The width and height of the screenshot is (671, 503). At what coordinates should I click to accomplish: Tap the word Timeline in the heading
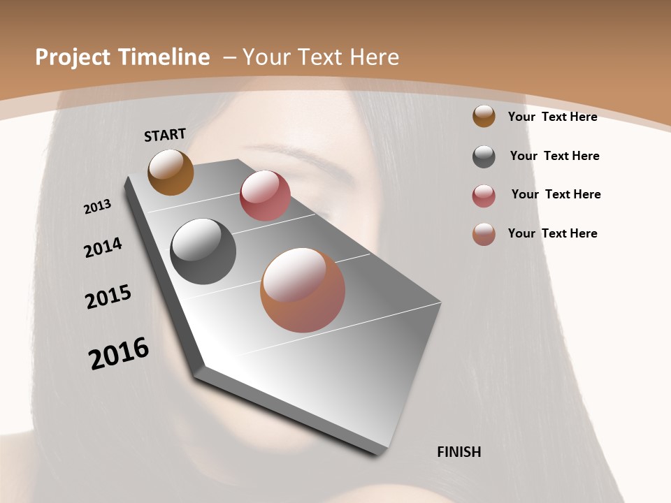click(166, 57)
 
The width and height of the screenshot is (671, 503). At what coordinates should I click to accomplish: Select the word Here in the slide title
click(374, 57)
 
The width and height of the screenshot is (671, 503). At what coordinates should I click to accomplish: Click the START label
click(165, 135)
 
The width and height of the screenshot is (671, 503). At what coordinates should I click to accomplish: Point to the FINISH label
click(459, 452)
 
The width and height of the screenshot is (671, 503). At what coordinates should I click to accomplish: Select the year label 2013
click(97, 207)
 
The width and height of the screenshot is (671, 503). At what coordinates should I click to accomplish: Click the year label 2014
click(103, 248)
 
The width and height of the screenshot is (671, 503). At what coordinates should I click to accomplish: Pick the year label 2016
click(119, 353)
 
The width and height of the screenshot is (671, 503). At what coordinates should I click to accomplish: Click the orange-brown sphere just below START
click(171, 173)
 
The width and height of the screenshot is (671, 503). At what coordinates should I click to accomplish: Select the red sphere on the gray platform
click(265, 196)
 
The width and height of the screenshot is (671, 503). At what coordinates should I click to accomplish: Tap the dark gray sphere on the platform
click(203, 251)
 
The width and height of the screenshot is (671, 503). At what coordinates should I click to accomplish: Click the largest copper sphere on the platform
click(303, 290)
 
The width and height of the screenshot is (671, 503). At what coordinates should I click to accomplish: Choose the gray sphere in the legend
click(484, 156)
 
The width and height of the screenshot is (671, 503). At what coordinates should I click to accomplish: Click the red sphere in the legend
click(484, 196)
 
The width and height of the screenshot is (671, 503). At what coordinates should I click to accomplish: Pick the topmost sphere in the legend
click(484, 116)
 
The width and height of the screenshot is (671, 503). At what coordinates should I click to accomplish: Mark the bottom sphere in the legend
click(484, 235)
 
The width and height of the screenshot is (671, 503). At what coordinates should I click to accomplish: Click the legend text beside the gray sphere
click(554, 156)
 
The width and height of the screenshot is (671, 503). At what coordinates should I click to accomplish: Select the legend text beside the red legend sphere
click(556, 194)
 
